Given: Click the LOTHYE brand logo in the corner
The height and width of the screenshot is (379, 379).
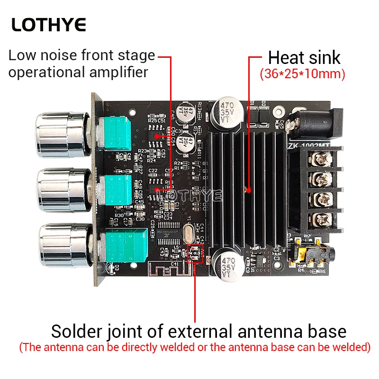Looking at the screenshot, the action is pos(49,25).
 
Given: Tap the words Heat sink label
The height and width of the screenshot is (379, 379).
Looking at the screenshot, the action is pos(304,58).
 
